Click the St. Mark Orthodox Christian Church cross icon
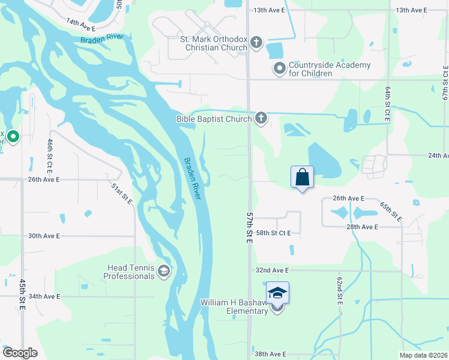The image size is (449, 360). [256, 42]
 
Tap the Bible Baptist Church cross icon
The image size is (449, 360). [261, 118]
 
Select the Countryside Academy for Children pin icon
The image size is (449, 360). [279, 68]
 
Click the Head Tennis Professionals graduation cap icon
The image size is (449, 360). [163, 272]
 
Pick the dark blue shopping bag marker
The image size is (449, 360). [302, 178]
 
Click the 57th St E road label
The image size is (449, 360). [249, 227]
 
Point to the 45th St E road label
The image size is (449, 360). [22, 294]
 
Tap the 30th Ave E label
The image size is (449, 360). [44, 236]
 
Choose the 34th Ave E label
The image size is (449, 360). [44, 296]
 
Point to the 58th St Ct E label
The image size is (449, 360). [273, 233]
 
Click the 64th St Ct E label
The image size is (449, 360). [388, 105]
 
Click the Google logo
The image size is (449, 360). [20, 353]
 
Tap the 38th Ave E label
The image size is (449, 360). [270, 354]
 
